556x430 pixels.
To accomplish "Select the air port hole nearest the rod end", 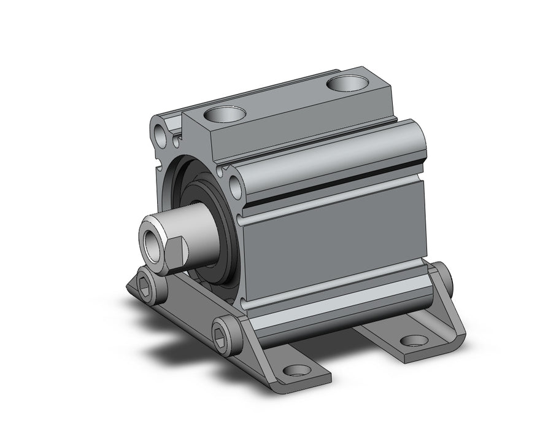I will point(225,114).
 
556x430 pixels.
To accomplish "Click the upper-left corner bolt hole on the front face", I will point(161,130).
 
